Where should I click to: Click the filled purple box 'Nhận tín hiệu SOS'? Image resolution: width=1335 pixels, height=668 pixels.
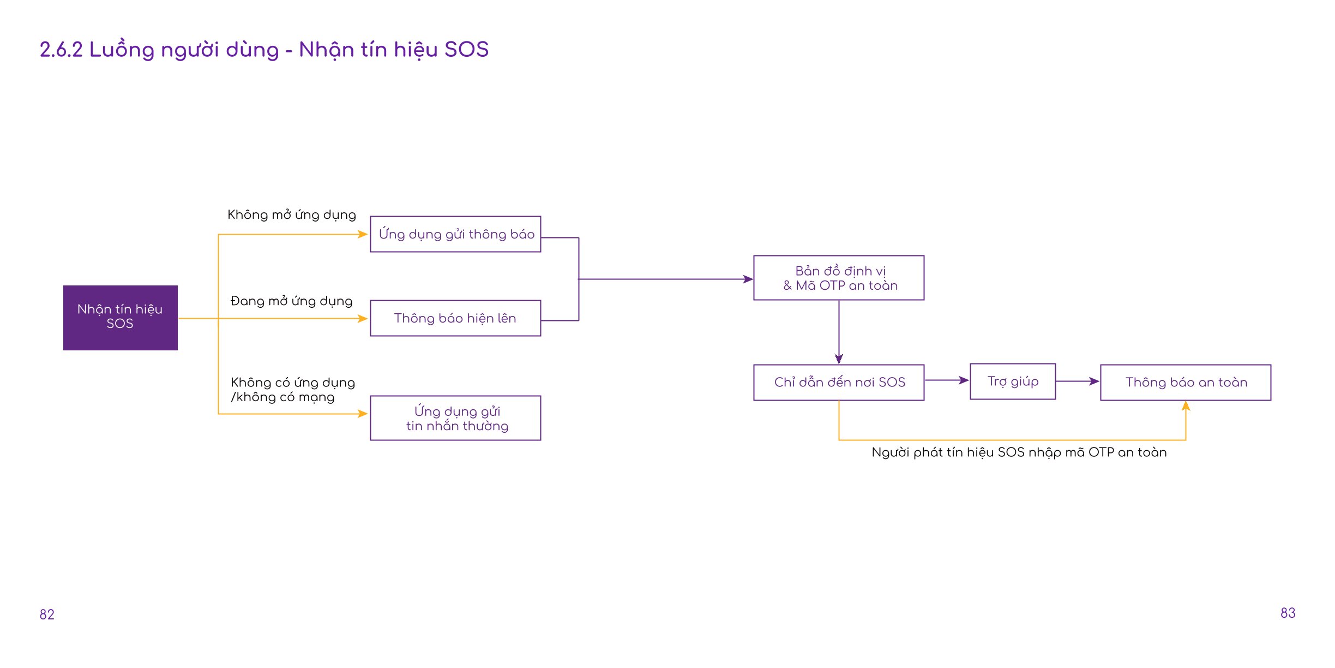pos(121,318)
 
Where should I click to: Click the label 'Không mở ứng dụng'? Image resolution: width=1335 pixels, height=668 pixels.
pos(292,215)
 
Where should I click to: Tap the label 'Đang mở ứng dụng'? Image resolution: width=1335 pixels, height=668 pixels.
pos(292,301)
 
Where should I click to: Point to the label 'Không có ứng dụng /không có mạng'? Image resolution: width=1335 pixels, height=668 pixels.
pos(293,390)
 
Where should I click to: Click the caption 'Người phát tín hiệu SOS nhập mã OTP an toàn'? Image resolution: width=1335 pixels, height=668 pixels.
pos(1019,452)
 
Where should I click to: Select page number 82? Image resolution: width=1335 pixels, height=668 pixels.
pos(47,615)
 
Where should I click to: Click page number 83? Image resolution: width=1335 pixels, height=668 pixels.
pos(1288,613)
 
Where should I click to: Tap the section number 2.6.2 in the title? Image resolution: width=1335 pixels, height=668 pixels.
pos(61,50)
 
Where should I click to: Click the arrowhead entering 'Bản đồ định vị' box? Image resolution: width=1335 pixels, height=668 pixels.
pos(748,279)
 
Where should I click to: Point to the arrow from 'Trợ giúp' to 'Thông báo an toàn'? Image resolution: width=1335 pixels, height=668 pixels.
pos(1078,381)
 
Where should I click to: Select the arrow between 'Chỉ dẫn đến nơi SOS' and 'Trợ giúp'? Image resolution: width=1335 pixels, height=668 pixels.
pos(947,380)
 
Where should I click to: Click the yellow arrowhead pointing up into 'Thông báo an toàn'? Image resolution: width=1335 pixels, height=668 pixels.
pos(1186,406)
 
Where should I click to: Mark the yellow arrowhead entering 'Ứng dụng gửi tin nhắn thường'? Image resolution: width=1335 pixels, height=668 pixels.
pos(363,414)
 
